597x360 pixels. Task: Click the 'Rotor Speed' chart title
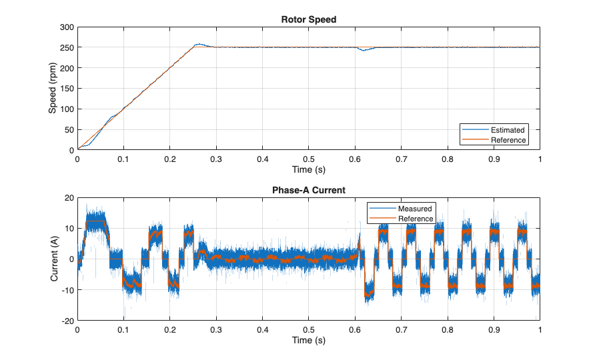coord(308,19)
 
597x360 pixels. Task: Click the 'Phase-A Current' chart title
coord(308,190)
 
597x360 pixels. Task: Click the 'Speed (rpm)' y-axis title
coord(53,89)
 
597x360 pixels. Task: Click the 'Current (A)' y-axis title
coord(54,259)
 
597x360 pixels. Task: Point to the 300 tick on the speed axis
coord(66,27)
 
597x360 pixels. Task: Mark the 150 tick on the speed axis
coord(66,89)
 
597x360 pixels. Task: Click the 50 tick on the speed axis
coord(68,130)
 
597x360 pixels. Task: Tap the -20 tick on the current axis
coord(66,321)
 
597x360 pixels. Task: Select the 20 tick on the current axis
coord(68,198)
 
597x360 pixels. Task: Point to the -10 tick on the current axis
coord(66,290)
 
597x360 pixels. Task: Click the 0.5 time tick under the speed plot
coord(308,160)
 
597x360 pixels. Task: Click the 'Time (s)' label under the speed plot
coord(308,169)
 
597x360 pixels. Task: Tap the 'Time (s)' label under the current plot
coord(308,340)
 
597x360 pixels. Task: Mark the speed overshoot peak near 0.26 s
coord(198,45)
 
